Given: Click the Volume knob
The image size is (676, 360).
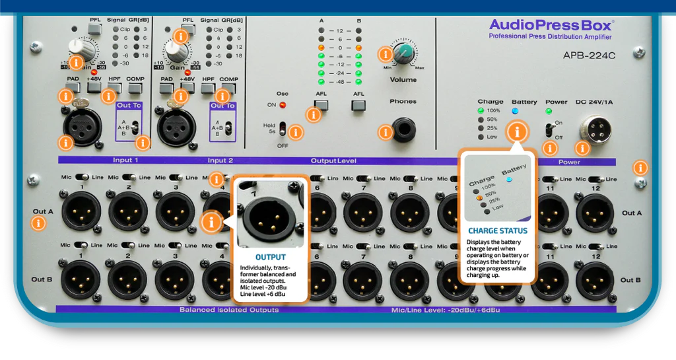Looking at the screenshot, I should [405, 53].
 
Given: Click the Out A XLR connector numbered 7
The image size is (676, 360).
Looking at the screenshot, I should [362, 212].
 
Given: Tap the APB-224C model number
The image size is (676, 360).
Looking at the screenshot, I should [589, 56].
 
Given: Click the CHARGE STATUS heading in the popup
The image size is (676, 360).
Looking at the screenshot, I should [498, 231].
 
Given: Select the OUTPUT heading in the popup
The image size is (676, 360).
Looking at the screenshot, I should [271, 257].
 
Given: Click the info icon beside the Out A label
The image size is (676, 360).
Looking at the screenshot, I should [40, 223].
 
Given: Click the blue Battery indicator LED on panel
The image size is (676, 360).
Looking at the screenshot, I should [515, 111].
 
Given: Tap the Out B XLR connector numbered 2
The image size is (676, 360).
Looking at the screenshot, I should [127, 280].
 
